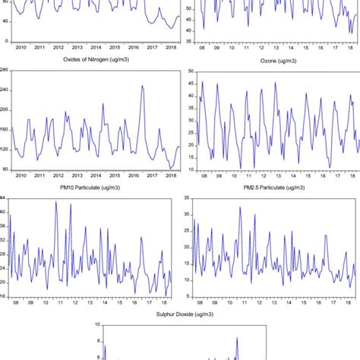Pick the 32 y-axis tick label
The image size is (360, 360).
click(x=3, y=240)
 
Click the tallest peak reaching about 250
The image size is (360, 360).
click(x=142, y=86)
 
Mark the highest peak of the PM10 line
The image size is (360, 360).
click(x=55, y=202)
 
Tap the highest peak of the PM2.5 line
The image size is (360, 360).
click(x=240, y=207)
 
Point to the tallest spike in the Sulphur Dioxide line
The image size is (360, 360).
click(x=237, y=338)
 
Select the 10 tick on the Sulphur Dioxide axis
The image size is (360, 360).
click(x=97, y=325)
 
